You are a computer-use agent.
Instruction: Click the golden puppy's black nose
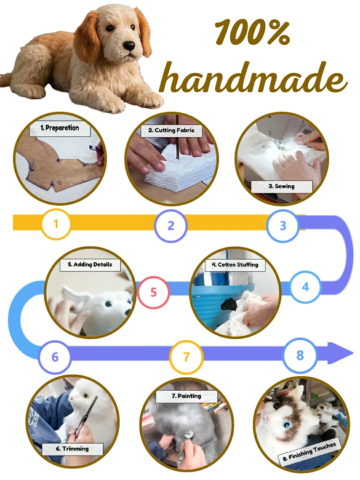click(x=129, y=46)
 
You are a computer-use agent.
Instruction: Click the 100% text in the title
click(x=252, y=32)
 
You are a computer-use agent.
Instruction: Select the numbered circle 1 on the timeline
click(x=56, y=224)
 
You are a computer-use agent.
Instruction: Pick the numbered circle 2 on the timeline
click(x=171, y=226)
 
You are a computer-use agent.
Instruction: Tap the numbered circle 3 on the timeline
click(x=283, y=226)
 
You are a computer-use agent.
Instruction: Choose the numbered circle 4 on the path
click(x=305, y=287)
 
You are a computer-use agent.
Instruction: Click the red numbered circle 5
click(x=153, y=292)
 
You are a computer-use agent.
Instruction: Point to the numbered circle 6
click(x=55, y=357)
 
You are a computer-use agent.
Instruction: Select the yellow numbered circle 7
click(x=186, y=357)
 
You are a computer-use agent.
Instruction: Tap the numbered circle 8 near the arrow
click(x=300, y=355)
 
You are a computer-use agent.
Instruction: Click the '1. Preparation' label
click(x=60, y=128)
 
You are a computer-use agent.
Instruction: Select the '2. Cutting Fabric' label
click(x=171, y=130)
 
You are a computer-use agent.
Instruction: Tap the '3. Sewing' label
click(x=282, y=186)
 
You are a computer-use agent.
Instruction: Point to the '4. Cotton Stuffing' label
click(x=235, y=265)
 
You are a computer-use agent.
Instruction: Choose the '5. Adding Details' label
click(x=90, y=265)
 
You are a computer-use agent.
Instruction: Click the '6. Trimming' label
click(x=72, y=449)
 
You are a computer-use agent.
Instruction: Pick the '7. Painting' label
click(x=187, y=396)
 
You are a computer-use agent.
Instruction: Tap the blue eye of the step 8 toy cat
click(x=286, y=425)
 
